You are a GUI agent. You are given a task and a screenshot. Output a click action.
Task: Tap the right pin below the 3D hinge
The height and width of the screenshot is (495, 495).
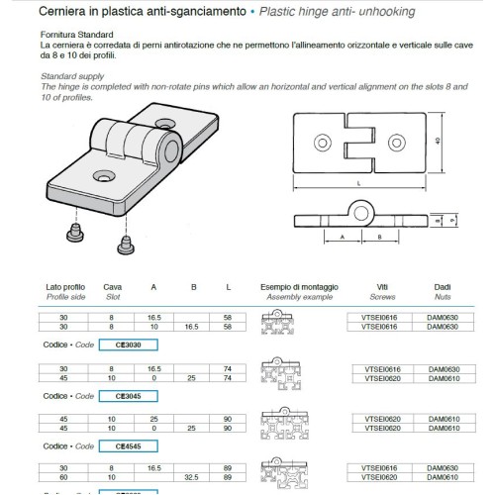(x=125, y=241)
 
